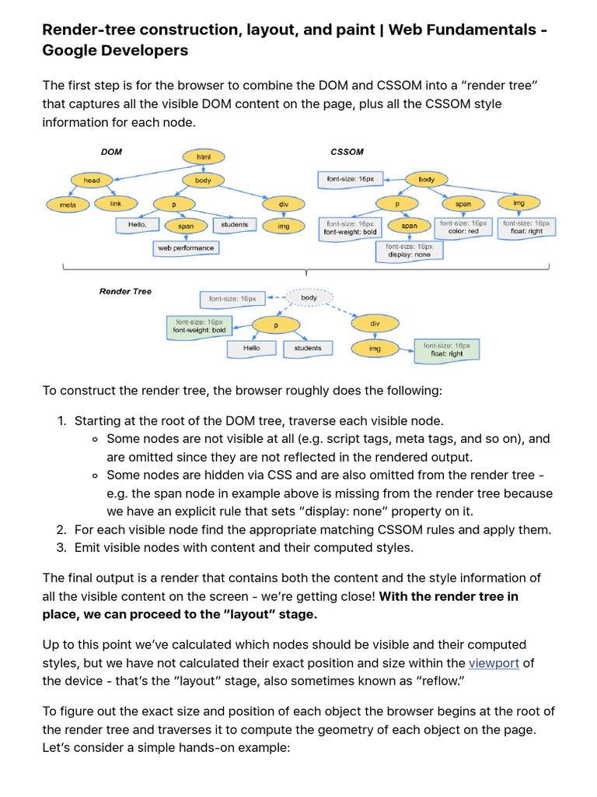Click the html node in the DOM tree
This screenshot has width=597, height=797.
click(204, 157)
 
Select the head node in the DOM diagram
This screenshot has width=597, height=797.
click(92, 181)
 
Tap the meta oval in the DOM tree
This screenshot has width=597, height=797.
click(68, 205)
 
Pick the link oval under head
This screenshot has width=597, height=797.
click(116, 204)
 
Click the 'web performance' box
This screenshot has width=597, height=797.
click(186, 248)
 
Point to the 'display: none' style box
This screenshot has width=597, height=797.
click(409, 250)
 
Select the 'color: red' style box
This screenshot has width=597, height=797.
click(463, 226)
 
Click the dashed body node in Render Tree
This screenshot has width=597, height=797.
click(309, 297)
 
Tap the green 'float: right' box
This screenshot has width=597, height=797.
click(447, 349)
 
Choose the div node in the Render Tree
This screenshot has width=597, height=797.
click(375, 322)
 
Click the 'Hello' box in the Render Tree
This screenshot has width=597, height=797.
click(251, 349)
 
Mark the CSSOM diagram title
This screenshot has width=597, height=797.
click(347, 152)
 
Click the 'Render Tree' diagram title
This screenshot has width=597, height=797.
click(125, 291)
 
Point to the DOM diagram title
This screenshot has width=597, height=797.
click(112, 152)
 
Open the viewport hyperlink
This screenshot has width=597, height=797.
click(494, 663)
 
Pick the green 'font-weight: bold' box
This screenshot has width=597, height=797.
click(198, 325)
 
